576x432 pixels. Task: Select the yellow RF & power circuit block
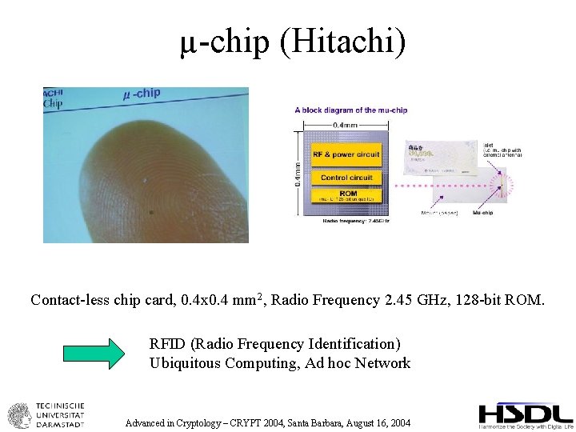click(x=346, y=154)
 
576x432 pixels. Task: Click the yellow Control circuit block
click(x=346, y=177)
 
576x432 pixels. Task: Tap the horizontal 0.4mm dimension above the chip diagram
click(x=346, y=124)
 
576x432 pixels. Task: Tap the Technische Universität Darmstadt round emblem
click(x=18, y=415)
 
